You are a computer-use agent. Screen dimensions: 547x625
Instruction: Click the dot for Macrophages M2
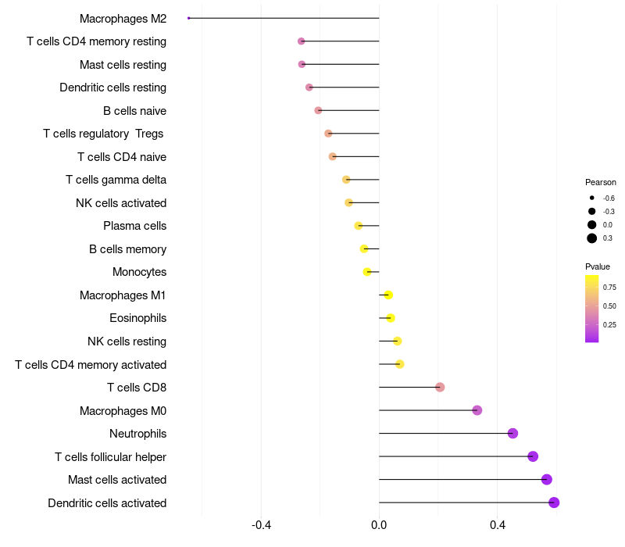(x=189, y=18)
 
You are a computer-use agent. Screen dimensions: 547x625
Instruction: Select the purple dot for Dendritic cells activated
(x=554, y=502)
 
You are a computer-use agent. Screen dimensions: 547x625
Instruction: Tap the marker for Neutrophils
(x=512, y=434)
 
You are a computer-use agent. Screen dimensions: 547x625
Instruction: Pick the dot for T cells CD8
(x=440, y=388)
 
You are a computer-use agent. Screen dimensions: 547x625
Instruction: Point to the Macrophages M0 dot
(x=477, y=410)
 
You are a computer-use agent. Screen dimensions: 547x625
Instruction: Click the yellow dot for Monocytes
(x=367, y=272)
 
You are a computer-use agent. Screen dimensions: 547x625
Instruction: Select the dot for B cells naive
(x=318, y=111)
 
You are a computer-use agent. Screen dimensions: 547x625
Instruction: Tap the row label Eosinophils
(x=137, y=318)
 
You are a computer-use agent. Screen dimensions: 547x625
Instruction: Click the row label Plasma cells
(x=134, y=226)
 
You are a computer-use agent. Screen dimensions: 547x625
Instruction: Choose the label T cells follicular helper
(x=110, y=456)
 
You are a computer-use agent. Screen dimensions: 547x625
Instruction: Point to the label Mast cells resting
(x=123, y=64)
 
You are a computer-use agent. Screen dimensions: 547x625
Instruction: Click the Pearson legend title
(x=600, y=182)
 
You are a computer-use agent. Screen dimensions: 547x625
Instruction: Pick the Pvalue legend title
(x=598, y=266)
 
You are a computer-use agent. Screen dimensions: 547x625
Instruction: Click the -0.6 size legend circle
(x=592, y=198)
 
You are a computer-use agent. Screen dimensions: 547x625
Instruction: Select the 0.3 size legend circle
(x=592, y=238)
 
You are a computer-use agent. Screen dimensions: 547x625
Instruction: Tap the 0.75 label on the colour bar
(x=609, y=288)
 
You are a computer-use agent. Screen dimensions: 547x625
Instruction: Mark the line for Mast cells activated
(x=461, y=480)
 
